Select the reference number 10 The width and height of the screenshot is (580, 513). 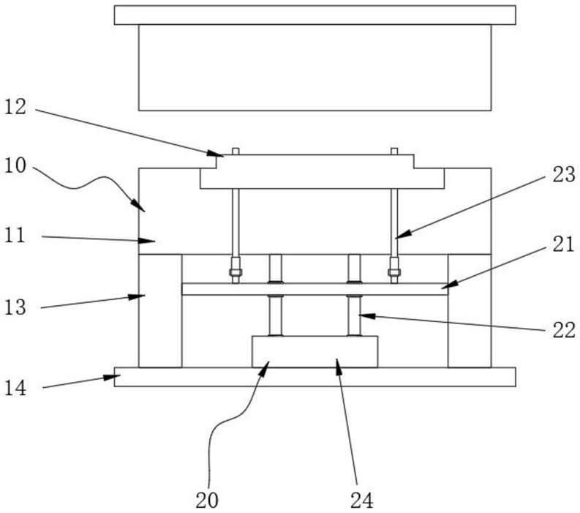[15, 167]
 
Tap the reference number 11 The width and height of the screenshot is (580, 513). [15, 236]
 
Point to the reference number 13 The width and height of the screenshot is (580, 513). [15, 308]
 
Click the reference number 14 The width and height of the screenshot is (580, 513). [15, 389]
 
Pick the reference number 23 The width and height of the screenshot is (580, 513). [565, 175]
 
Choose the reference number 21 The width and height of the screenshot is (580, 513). [565, 247]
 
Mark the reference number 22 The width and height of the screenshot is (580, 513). [565, 330]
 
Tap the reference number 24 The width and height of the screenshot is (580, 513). [361, 501]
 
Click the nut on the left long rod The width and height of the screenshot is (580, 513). [236, 274]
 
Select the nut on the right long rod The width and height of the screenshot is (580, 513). [394, 274]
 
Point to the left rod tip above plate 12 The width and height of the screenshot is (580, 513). [236, 151]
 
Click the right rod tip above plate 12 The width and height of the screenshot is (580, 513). [394, 151]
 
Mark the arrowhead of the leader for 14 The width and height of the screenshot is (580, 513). [117, 377]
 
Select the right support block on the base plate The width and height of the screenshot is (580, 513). [469, 310]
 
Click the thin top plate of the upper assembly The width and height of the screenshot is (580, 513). [315, 15]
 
